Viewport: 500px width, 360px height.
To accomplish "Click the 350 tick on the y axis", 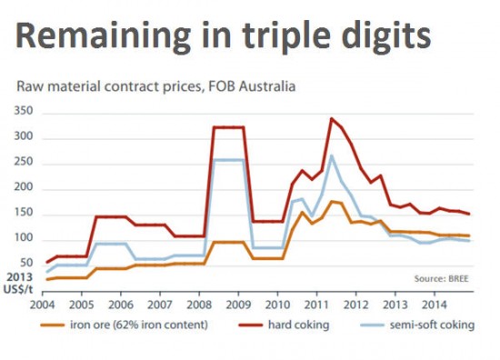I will [x=25, y=112].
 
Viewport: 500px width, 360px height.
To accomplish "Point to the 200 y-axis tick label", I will [x=25, y=187].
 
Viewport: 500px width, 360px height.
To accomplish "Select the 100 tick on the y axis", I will [x=25, y=238].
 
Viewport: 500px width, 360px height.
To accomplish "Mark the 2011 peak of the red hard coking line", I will [x=332, y=118].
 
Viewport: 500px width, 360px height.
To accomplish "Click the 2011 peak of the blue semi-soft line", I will [x=333, y=155].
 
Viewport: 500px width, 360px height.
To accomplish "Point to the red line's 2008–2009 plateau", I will [x=228, y=127].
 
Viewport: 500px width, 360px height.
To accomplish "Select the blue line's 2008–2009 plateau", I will [x=228, y=160].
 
